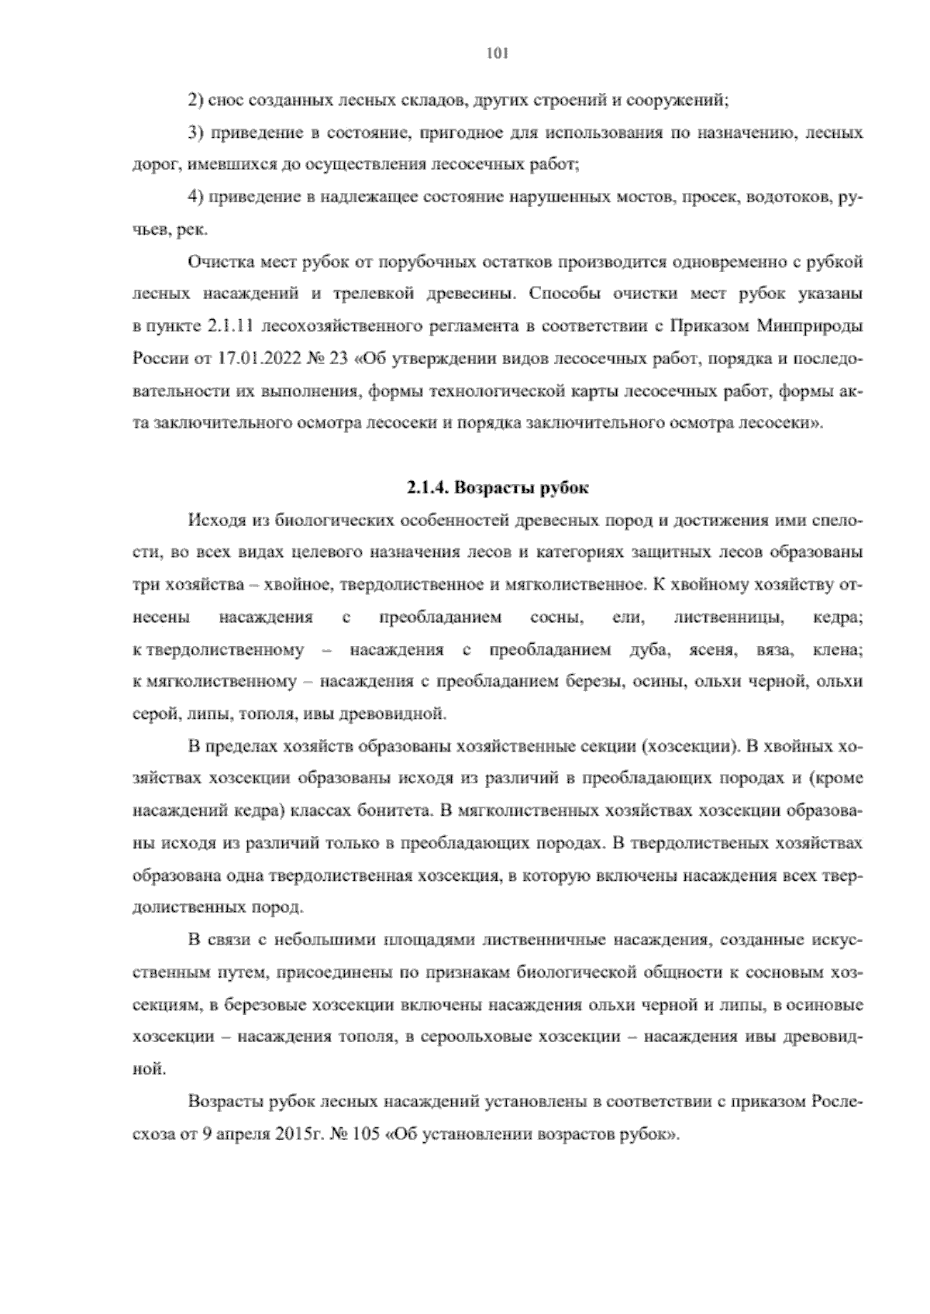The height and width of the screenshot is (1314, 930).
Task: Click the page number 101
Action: coord(495,53)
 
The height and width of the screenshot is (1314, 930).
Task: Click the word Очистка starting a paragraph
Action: coord(217,262)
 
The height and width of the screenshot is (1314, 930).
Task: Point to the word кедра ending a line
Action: coord(838,617)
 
